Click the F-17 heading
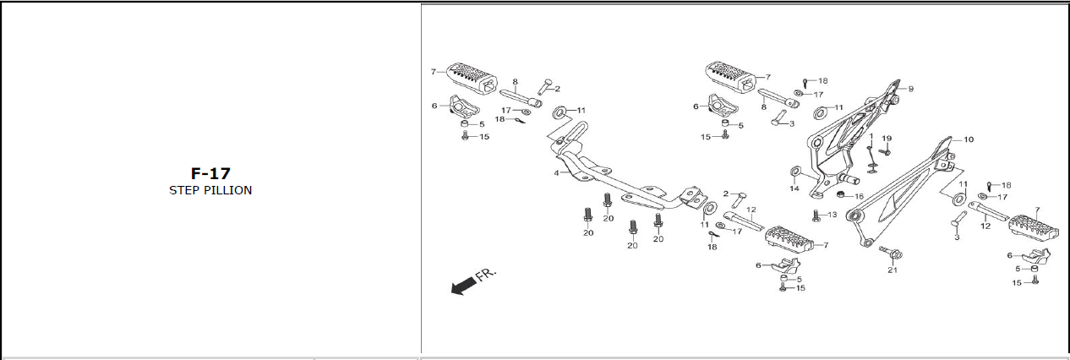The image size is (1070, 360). [x=210, y=173]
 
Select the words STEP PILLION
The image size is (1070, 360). [x=210, y=190]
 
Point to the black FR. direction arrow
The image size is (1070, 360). [x=462, y=287]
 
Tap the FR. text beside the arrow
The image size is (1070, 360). [x=487, y=275]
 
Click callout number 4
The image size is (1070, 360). [x=556, y=172]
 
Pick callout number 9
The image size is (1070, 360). [x=910, y=89]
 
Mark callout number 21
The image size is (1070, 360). [x=892, y=270]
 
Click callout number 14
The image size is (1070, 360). [x=794, y=188]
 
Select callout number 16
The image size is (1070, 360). [x=859, y=196]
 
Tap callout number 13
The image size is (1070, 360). [x=833, y=215]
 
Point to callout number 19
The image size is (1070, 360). [x=887, y=139]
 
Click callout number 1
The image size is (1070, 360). [x=871, y=136]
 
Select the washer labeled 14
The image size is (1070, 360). [x=794, y=173]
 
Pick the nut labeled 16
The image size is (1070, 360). [x=842, y=196]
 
